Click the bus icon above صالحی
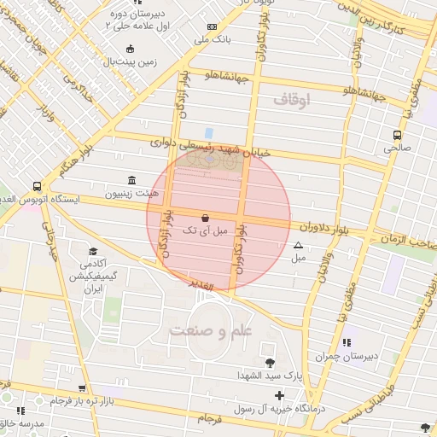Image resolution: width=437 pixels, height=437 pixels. pyautogui.click(x=397, y=135)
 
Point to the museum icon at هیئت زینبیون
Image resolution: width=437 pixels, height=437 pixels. pyautogui.click(x=131, y=181)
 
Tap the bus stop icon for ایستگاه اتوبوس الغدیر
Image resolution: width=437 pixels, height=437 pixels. pyautogui.click(x=37, y=186)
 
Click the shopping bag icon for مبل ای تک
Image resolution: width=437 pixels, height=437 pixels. pyautogui.click(x=204, y=218)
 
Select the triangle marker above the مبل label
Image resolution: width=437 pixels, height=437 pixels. pyautogui.click(x=298, y=245)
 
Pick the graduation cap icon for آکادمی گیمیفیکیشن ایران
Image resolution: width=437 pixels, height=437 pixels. pyautogui.click(x=92, y=253)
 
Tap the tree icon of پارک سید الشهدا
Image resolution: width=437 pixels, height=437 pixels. pyautogui.click(x=271, y=363)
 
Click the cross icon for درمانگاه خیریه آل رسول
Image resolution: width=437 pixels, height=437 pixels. pyautogui.click(x=279, y=395)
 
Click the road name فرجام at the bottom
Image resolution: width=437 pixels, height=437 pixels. pyautogui.click(x=210, y=419)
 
